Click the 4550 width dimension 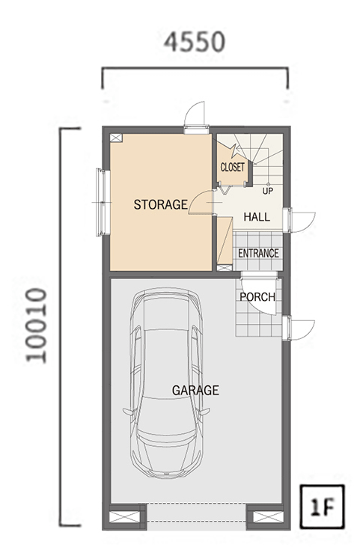(x=195, y=42)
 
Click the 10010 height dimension (x=36, y=326)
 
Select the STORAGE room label (x=161, y=204)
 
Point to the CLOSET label (x=232, y=167)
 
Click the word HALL (x=257, y=216)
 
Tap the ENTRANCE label (x=258, y=253)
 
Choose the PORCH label (x=257, y=297)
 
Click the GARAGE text (x=195, y=390)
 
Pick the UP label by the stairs (x=268, y=191)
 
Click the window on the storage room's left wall (x=102, y=202)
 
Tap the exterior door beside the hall (x=300, y=220)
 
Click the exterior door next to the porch (x=300, y=329)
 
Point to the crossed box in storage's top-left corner (x=116, y=138)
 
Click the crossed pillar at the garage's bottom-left (x=124, y=517)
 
